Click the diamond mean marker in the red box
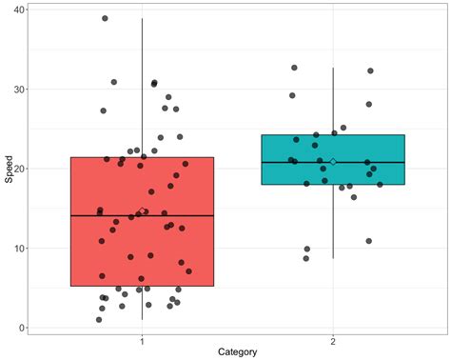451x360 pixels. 142,211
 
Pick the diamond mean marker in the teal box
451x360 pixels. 333,162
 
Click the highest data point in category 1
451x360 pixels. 105,18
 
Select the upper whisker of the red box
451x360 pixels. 142,86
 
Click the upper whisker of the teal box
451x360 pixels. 333,101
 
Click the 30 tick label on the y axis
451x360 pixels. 20,90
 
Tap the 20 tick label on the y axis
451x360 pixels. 20,169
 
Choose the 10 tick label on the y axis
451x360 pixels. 20,249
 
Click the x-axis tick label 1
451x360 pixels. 142,340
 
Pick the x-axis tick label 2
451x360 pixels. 333,340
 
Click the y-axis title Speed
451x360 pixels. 8,169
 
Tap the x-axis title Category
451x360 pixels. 237,352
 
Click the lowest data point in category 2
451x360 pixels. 305,258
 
